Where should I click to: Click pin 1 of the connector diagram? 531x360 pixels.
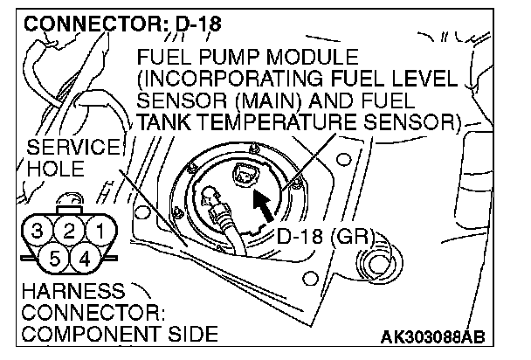pos(101,232)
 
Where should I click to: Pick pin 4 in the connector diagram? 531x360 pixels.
pos(85,258)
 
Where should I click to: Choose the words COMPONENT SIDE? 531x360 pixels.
pos(109,334)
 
